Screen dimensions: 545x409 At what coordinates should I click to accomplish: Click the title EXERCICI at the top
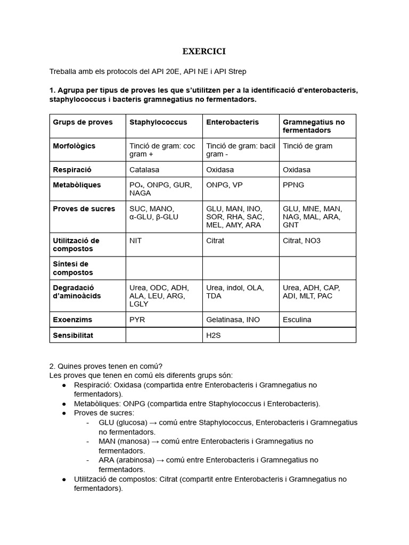(204, 51)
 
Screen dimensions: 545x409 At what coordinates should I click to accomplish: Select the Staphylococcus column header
(158, 122)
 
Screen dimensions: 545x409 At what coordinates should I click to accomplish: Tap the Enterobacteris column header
(232, 122)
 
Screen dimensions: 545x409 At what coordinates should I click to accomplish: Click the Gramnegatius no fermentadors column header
(314, 126)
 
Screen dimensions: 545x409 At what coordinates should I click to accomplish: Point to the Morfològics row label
(74, 146)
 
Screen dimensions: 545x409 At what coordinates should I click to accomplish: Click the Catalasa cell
(144, 170)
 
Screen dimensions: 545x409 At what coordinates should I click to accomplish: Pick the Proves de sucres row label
(84, 209)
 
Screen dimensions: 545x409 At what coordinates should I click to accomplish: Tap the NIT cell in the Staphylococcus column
(136, 241)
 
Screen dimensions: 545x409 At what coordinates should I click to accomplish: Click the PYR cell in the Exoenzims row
(137, 320)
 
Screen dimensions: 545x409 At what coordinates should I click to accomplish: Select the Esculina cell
(297, 320)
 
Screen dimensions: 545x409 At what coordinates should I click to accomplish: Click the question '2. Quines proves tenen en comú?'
(105, 366)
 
